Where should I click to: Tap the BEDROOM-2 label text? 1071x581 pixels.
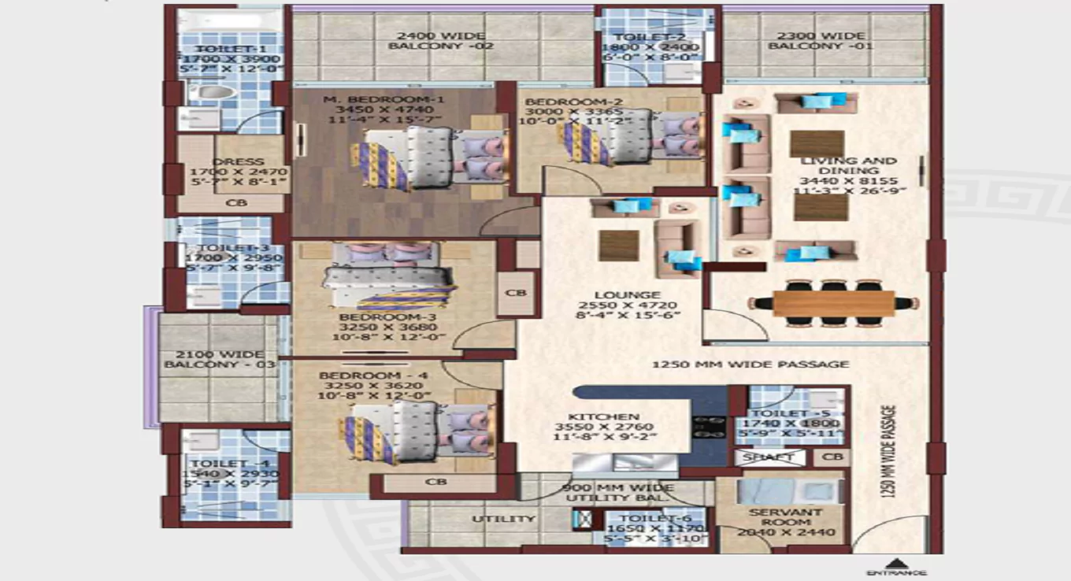[574, 102]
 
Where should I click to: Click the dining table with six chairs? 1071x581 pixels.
[833, 303]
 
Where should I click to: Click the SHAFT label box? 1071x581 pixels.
[769, 457]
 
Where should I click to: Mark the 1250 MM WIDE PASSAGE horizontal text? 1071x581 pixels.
[750, 365]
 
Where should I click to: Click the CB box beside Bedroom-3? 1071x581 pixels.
[516, 293]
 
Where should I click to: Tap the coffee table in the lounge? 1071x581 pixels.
[618, 245]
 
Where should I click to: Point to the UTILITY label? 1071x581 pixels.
[492, 519]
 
